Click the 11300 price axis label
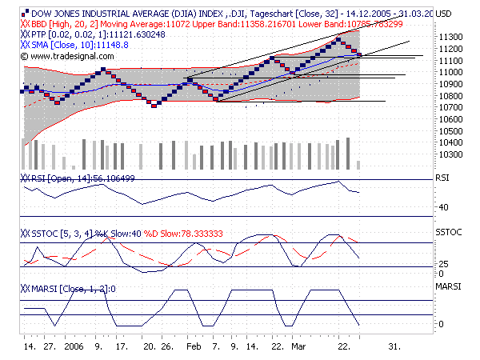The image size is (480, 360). tap(450, 38)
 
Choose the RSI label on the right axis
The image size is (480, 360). tap(442, 181)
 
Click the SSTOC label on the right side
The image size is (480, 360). tap(448, 232)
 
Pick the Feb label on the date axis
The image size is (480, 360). tap(194, 348)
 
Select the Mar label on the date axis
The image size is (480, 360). tap(298, 348)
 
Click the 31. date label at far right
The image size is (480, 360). tap(394, 348)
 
